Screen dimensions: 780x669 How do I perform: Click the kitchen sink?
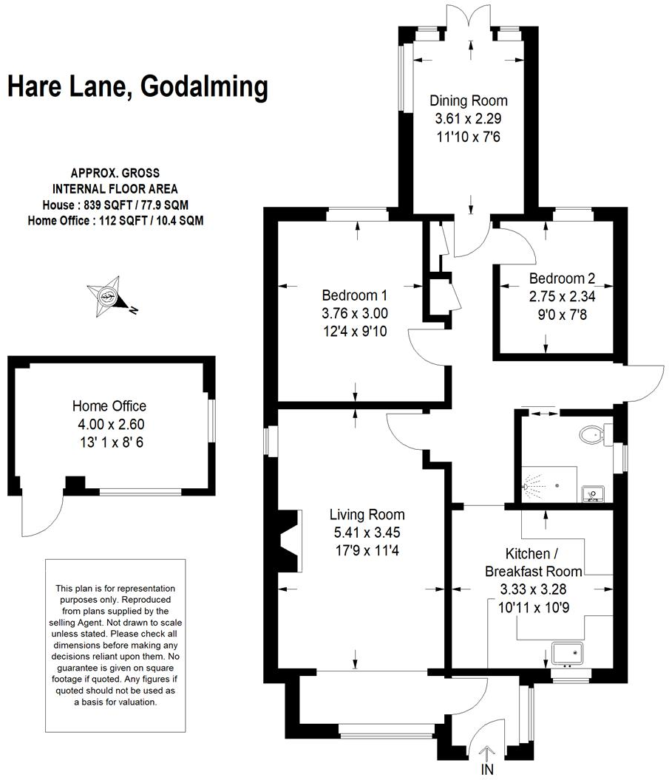coord(568,653)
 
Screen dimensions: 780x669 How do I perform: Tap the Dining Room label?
coord(469,100)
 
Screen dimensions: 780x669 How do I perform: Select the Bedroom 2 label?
coord(562,278)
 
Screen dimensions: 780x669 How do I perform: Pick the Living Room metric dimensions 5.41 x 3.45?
coord(367,532)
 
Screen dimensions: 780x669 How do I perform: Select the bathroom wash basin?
coord(592,492)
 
